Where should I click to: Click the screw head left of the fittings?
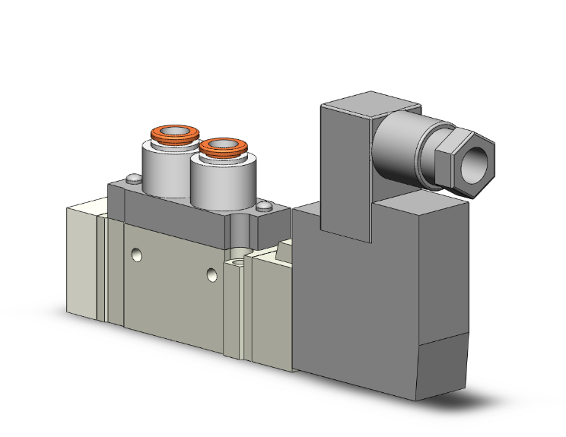coord(134,180)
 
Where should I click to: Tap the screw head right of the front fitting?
coord(263,206)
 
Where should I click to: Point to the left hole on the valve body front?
coord(136,255)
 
